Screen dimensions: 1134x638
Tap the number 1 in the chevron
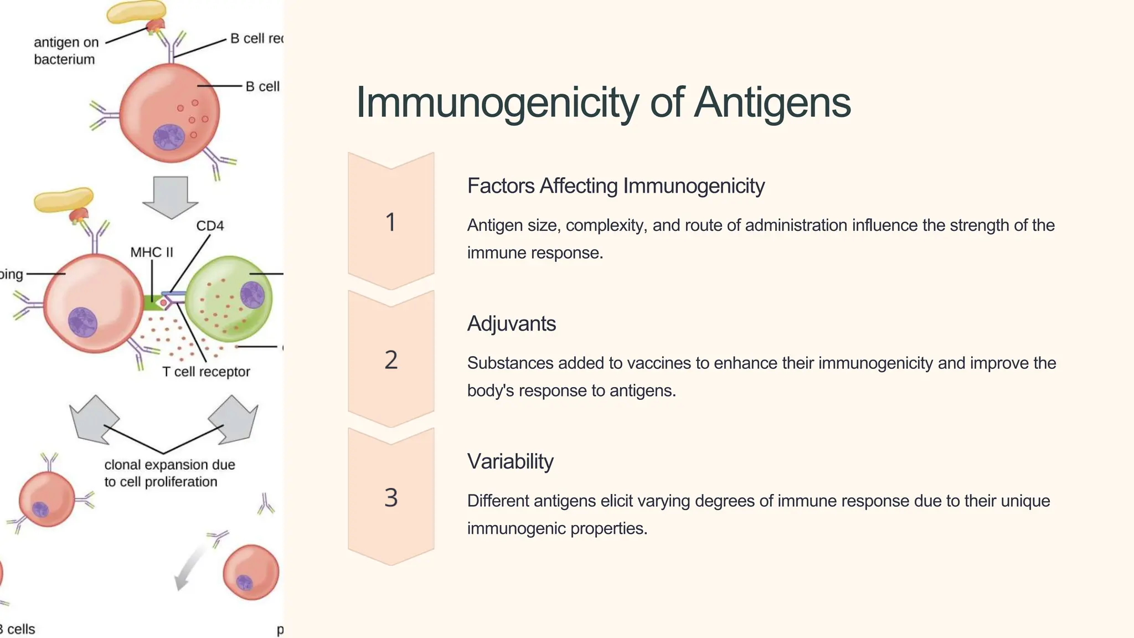[391, 223]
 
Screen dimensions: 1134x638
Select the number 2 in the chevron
[391, 361]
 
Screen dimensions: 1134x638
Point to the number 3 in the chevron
[391, 498]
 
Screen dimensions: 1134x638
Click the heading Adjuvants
[511, 324]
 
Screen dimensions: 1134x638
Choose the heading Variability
[510, 461]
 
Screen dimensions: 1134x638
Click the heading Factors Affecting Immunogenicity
[616, 186]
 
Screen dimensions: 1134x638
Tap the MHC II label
[152, 253]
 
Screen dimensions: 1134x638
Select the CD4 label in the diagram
[210, 226]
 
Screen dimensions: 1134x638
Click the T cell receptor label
[206, 372]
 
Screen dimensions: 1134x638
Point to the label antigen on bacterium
[65, 51]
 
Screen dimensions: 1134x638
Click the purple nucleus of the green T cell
[252, 294]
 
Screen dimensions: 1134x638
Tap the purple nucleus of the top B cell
[169, 137]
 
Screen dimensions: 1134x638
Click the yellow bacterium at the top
[136, 12]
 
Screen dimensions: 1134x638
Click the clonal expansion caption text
[169, 473]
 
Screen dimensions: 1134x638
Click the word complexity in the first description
[606, 225]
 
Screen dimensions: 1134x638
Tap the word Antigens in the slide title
[772, 104]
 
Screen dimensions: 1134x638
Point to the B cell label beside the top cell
[262, 87]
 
